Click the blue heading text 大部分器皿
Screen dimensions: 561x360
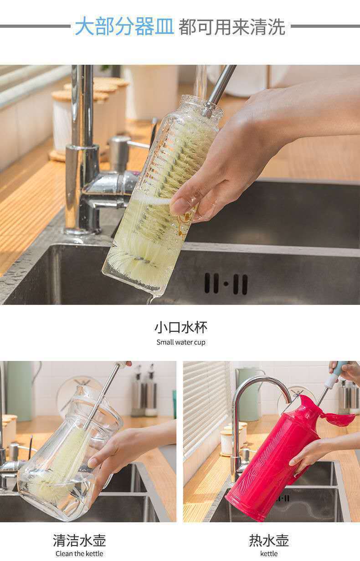(x=124, y=26)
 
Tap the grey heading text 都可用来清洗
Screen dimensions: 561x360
(x=232, y=27)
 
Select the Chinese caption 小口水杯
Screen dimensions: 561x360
(x=180, y=327)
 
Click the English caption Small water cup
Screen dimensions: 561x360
(x=181, y=342)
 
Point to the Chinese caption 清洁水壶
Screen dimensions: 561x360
(x=79, y=540)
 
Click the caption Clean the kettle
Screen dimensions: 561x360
(x=79, y=554)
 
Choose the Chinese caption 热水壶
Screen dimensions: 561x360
(x=269, y=540)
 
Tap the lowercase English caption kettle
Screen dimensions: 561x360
(x=269, y=554)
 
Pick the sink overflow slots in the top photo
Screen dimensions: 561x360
(x=226, y=283)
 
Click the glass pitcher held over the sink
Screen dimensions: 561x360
(x=68, y=456)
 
